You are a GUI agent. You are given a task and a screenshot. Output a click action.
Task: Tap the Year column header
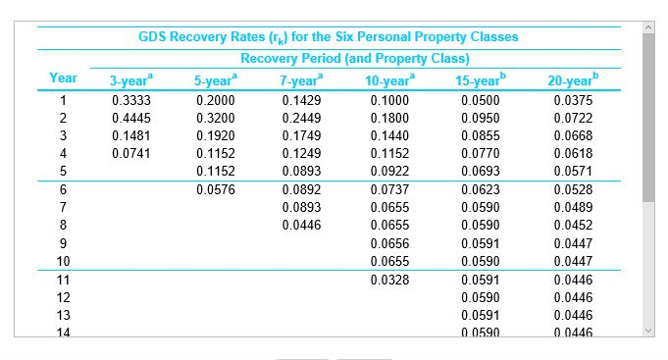click(63, 77)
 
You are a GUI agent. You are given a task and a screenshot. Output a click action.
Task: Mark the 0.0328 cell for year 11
click(388, 280)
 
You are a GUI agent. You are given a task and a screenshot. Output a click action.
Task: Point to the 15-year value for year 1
click(478, 100)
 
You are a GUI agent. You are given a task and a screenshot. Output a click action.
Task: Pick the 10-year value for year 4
click(388, 154)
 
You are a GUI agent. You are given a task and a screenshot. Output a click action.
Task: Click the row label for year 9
click(63, 243)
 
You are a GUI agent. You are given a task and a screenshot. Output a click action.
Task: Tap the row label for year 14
click(63, 334)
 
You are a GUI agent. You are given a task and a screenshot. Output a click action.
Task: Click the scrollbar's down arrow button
click(649, 330)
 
